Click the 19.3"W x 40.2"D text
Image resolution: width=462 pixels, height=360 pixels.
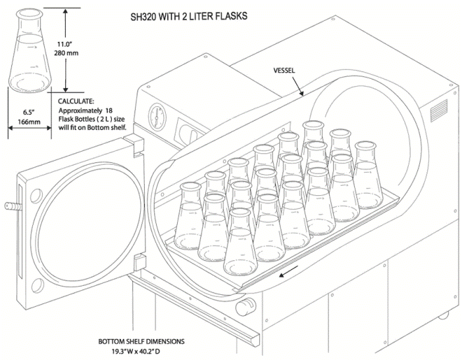tap(140, 352)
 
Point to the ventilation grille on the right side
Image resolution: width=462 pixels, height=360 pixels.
tap(439, 114)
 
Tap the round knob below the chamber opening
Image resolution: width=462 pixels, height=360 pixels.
tap(247, 305)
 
